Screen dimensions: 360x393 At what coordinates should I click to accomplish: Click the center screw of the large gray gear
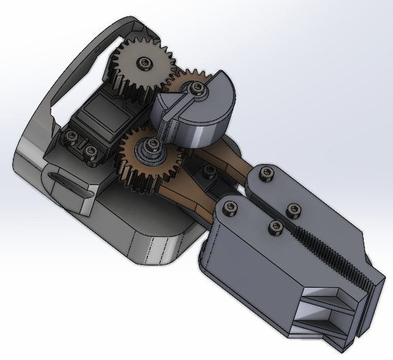[x=144, y=63]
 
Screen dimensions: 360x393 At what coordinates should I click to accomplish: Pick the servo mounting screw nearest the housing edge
[x=70, y=137]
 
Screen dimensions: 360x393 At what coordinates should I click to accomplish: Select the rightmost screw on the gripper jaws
[x=293, y=209]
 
